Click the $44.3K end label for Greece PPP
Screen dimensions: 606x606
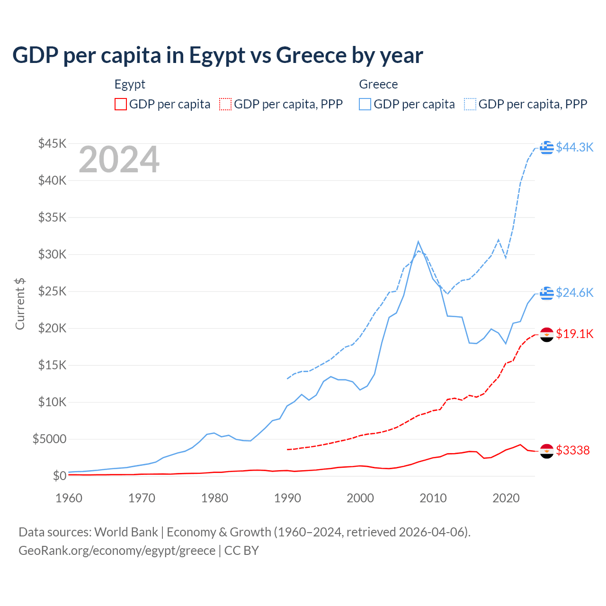click(574, 147)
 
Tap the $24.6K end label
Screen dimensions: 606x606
click(574, 293)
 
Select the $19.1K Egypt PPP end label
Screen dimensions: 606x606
click(574, 334)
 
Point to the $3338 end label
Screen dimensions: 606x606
click(572, 450)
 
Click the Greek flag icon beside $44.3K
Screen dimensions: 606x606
click(547, 147)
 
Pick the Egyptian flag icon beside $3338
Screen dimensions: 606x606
click(547, 451)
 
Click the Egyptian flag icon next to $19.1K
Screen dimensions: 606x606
click(547, 334)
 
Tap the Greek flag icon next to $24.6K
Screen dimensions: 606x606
click(547, 293)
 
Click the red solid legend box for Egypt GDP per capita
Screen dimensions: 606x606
click(121, 104)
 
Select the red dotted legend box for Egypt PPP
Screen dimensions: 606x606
click(225, 104)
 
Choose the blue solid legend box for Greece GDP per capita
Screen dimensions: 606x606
click(365, 104)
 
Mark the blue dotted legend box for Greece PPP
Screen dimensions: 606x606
click(470, 104)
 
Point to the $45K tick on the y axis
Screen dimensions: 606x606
click(53, 143)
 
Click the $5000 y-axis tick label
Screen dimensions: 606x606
click(49, 439)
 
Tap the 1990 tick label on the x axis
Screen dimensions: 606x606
click(287, 498)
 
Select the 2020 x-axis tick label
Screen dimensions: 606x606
click(506, 498)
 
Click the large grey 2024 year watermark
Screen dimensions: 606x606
click(119, 160)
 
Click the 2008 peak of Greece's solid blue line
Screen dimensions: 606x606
click(418, 241)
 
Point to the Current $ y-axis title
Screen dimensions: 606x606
click(20, 304)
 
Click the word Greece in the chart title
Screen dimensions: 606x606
click(311, 55)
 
